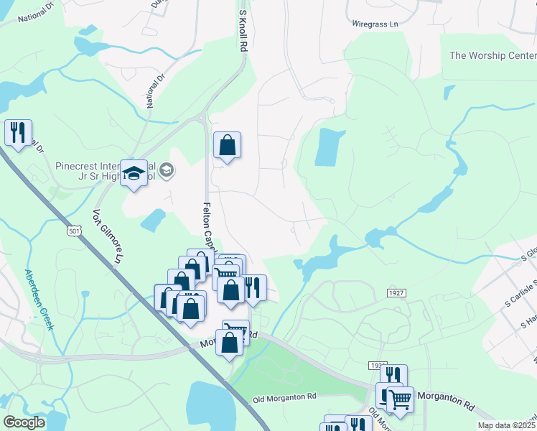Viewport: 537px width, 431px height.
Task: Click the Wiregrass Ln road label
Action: (x=375, y=24)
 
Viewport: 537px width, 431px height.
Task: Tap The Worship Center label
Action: (x=492, y=55)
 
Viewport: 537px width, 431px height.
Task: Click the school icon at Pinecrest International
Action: (x=134, y=173)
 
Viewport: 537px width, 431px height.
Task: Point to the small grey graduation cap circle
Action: (x=167, y=170)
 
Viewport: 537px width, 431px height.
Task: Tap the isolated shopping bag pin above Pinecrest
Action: (x=227, y=145)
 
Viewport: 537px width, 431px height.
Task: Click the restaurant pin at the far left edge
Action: (x=18, y=132)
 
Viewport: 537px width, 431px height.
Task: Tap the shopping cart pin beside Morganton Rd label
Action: (x=401, y=399)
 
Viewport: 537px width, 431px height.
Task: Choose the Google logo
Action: (x=24, y=422)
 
